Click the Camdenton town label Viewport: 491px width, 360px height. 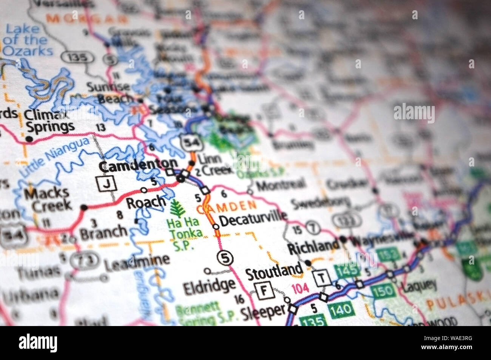click(137, 164)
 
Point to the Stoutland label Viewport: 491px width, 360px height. click(274, 271)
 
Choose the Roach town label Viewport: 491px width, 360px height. click(145, 202)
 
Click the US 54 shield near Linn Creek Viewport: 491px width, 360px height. click(188, 142)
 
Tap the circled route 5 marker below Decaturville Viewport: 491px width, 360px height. click(225, 258)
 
